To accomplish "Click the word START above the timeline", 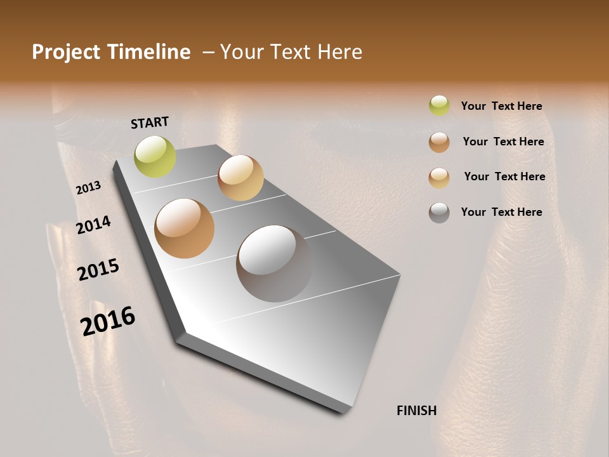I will point(150,123).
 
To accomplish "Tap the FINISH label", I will point(416,411).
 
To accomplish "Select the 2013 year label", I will point(88,188).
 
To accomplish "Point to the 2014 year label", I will point(94,225).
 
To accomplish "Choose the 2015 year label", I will point(98,269).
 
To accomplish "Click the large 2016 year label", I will point(108,321).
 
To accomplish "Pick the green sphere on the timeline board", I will point(155,157).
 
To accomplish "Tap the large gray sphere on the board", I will point(274,263).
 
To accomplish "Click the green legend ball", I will point(439,105).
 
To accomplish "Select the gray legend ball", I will point(439,213).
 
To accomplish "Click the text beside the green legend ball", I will point(501,107).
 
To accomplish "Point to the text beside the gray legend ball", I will point(501,212).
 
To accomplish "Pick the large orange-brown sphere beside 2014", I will point(185,228).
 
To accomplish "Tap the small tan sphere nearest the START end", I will point(240,177).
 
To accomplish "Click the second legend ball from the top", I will point(439,142).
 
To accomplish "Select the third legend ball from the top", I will point(439,178).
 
